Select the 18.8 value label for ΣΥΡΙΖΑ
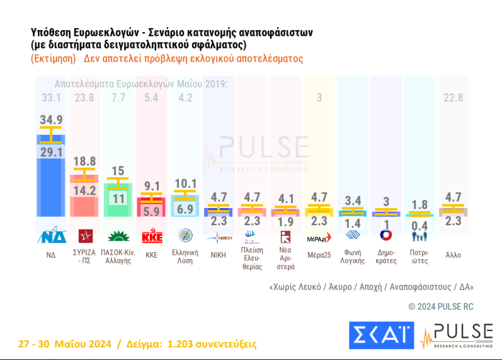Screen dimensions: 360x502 coord(83,161)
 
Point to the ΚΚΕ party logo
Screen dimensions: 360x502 coord(151,238)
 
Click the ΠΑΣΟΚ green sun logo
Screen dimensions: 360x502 coord(117,237)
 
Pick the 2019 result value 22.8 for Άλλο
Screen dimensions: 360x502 coord(453,98)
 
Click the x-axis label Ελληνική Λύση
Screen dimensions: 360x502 coord(185,256)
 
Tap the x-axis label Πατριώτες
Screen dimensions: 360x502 coord(419,256)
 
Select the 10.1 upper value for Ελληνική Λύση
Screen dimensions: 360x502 coord(185,183)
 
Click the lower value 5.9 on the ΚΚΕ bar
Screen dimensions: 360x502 coord(151,211)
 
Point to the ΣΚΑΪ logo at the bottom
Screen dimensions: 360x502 coord(381,335)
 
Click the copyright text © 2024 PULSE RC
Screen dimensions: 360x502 coord(441,306)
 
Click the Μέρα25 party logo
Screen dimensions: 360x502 coord(319,238)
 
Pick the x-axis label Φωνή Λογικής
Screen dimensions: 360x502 coord(352,256)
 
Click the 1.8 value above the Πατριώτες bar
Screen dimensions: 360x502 coord(419,204)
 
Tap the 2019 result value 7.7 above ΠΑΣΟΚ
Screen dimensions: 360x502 coord(117,98)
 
